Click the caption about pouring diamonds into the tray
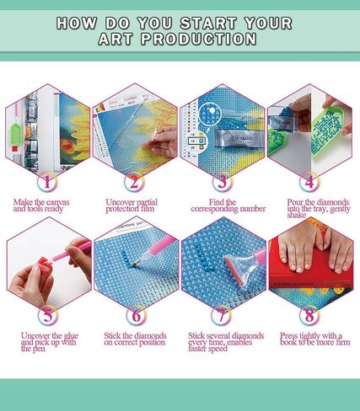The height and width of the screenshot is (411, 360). point(309,211)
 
